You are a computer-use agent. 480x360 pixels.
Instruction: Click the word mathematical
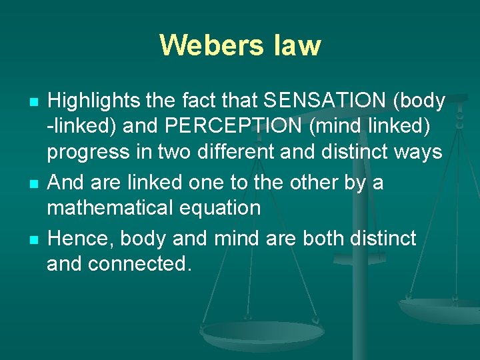click(x=107, y=208)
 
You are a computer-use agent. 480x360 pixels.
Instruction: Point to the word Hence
click(x=74, y=238)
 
